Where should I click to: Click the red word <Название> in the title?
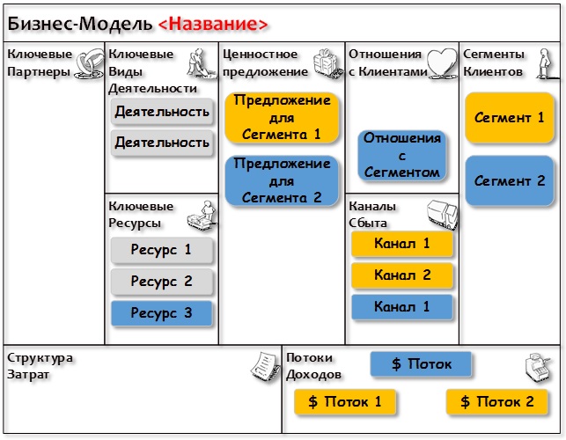pyautogui.click(x=213, y=24)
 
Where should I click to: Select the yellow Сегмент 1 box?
pyautogui.click(x=510, y=118)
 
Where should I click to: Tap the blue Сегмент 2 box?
pyautogui.click(x=510, y=180)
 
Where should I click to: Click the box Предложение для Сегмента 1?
pyautogui.click(x=282, y=117)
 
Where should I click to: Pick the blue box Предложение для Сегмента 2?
pyautogui.click(x=282, y=180)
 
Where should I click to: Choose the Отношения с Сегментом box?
pyautogui.click(x=401, y=155)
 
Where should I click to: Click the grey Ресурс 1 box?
pyautogui.click(x=161, y=250)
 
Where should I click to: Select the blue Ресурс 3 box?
pyautogui.click(x=161, y=313)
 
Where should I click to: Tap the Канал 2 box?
pyautogui.click(x=401, y=275)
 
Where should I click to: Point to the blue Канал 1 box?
pyautogui.click(x=401, y=307)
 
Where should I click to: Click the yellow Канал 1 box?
pyautogui.click(x=401, y=244)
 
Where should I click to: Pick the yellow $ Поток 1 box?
pyautogui.click(x=345, y=401)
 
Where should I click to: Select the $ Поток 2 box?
pyautogui.click(x=497, y=401)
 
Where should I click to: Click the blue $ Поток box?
pyautogui.click(x=421, y=363)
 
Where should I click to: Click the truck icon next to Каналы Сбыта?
pyautogui.click(x=443, y=215)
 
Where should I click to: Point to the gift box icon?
pyautogui.click(x=327, y=63)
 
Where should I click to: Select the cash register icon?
pyautogui.click(x=539, y=367)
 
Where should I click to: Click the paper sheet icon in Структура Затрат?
pyautogui.click(x=265, y=365)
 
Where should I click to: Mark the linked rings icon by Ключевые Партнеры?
pyautogui.click(x=89, y=63)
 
